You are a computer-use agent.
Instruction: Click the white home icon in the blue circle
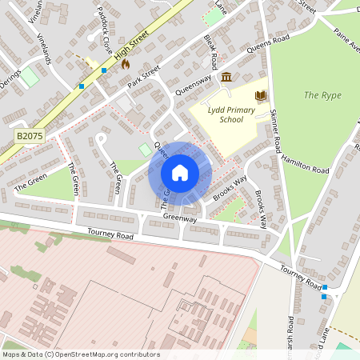click(x=180, y=173)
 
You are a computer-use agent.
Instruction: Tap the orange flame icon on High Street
click(x=125, y=64)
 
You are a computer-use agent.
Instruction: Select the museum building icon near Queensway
click(x=227, y=77)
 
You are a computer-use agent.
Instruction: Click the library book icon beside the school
click(x=260, y=96)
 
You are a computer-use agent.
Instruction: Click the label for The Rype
click(x=322, y=95)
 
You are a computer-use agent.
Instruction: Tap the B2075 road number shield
click(x=28, y=137)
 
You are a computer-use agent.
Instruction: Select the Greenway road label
click(x=179, y=218)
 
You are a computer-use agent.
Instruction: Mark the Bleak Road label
click(x=210, y=50)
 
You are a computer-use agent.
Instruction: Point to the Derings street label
click(x=11, y=84)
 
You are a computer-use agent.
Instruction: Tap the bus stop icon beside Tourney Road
click(x=324, y=297)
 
